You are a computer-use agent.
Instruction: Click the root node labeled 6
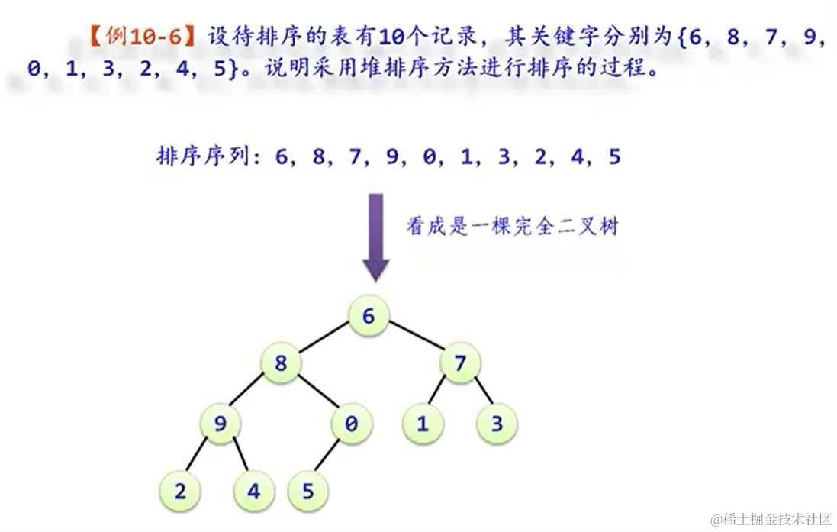pos(369,315)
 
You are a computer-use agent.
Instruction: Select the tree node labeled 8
pos(281,363)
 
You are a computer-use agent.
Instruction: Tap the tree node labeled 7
pos(460,363)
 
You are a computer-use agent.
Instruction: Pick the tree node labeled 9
pos(221,424)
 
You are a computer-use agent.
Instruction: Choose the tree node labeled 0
pos(351,424)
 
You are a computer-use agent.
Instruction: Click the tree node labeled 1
pos(422,424)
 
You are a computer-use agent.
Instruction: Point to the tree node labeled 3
pos(497,424)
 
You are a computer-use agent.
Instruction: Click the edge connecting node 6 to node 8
pos(324,340)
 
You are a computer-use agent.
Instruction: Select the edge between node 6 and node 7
pos(414,339)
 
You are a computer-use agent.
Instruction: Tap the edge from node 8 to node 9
pos(250,394)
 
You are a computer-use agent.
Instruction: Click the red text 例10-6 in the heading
pos(145,37)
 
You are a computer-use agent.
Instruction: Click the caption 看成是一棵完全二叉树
pos(512,227)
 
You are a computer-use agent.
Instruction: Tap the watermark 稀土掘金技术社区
pos(779,519)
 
